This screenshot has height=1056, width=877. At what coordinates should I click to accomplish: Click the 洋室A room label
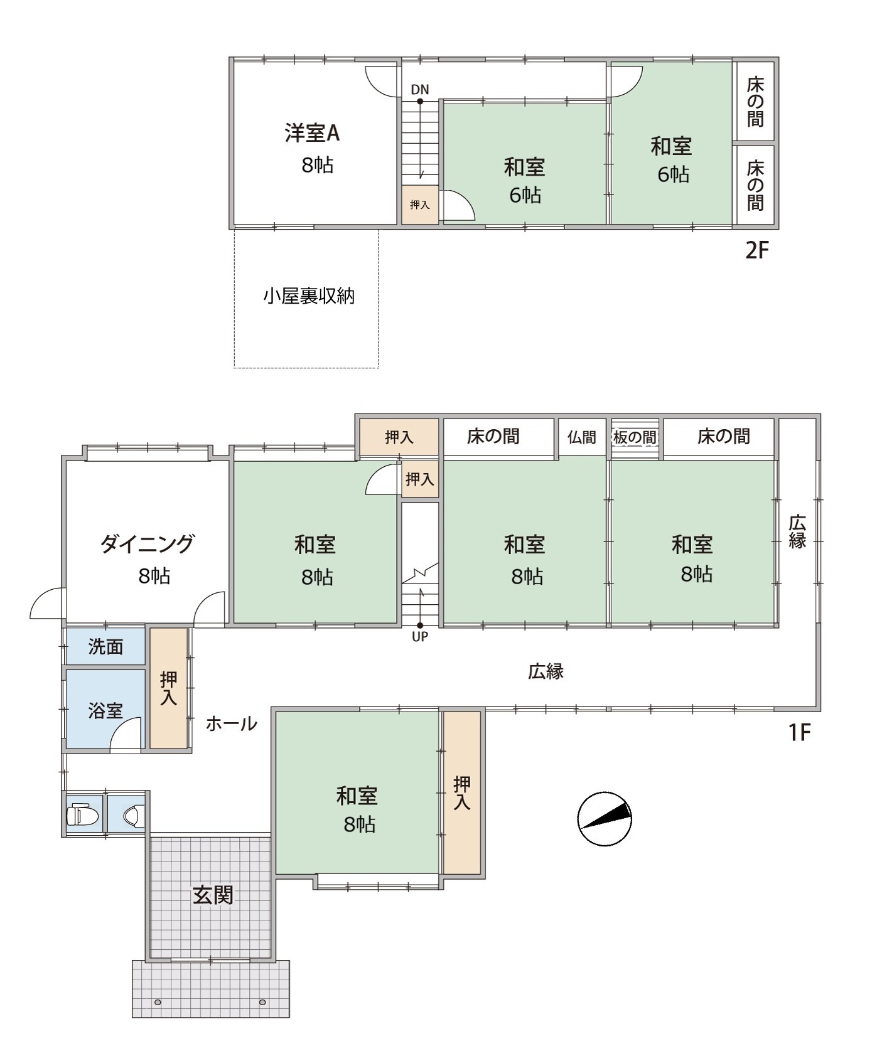point(311,133)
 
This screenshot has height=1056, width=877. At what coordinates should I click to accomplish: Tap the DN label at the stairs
point(420,89)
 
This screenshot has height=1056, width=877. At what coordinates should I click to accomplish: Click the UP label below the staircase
point(420,636)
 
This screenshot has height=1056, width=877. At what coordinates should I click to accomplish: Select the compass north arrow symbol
point(605,819)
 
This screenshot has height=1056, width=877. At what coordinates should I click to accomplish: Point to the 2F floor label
point(757,250)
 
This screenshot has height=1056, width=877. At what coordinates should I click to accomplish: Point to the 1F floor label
point(800,732)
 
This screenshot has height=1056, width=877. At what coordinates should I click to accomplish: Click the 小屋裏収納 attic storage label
point(309,296)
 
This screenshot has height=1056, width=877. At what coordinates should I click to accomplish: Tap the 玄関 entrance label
point(213,895)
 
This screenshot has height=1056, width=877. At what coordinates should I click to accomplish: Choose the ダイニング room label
point(148,543)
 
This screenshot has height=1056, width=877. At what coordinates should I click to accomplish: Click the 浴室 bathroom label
point(105,710)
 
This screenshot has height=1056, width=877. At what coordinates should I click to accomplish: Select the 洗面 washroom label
point(105,646)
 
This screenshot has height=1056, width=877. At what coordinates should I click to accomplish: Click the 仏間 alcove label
point(582,437)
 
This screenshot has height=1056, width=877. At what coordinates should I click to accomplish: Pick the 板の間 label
point(635,437)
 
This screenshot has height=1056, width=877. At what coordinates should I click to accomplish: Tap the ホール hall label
point(232,723)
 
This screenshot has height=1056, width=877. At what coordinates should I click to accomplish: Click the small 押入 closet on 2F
point(419,205)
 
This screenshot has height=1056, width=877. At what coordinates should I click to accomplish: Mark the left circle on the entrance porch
point(158,1002)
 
